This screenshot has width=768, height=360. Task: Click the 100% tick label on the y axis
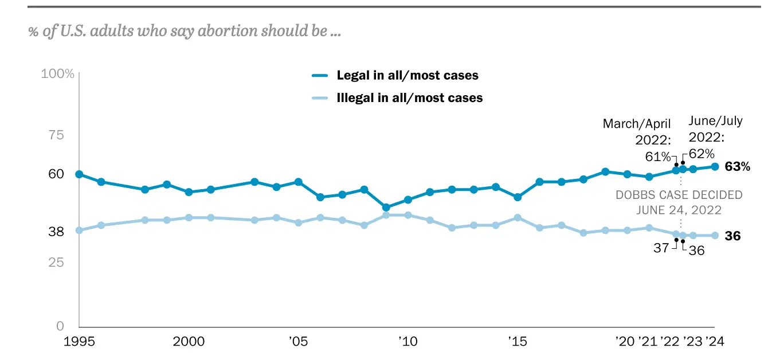tap(58, 74)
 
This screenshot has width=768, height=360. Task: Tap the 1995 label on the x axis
tap(79, 341)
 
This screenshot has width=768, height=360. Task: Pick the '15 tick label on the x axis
tap(517, 341)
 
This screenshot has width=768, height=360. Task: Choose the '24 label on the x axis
tap(715, 341)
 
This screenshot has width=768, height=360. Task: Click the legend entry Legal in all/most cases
tap(407, 76)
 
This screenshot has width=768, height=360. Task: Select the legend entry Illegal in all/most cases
tap(409, 98)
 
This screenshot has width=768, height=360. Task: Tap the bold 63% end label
tap(737, 167)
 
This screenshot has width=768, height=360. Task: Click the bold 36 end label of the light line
tap(733, 236)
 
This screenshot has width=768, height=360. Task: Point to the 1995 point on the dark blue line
tap(79, 174)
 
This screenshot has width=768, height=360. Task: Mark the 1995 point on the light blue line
tap(79, 230)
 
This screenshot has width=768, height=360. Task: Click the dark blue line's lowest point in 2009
tap(386, 208)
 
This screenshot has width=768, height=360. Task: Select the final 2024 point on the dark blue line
tap(715, 167)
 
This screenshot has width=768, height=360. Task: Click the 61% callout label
tap(657, 156)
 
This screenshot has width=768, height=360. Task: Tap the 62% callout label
tap(701, 154)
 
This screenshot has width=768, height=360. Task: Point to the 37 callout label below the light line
tap(661, 248)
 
